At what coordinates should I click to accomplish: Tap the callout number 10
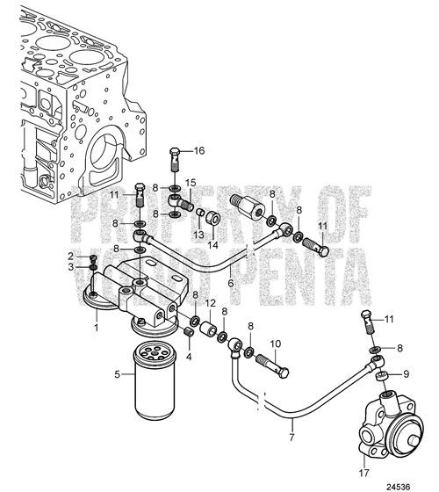[274, 343]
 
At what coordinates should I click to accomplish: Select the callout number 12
[209, 303]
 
